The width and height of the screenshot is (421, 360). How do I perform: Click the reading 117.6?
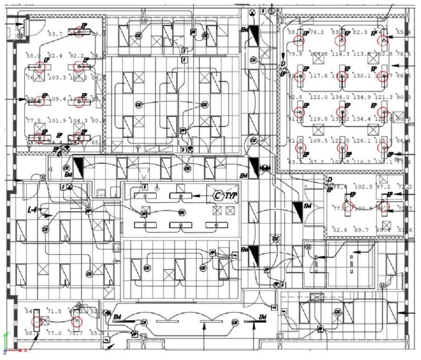[319, 76]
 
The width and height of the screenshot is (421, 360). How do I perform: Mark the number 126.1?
[361, 141]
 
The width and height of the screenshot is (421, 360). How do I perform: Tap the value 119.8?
[319, 119]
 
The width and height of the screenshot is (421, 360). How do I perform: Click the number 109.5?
[319, 141]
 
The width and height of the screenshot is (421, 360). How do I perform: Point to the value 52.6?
[339, 230]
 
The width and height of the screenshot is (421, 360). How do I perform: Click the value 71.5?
[55, 312]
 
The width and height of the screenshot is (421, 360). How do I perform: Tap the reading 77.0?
[55, 333]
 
